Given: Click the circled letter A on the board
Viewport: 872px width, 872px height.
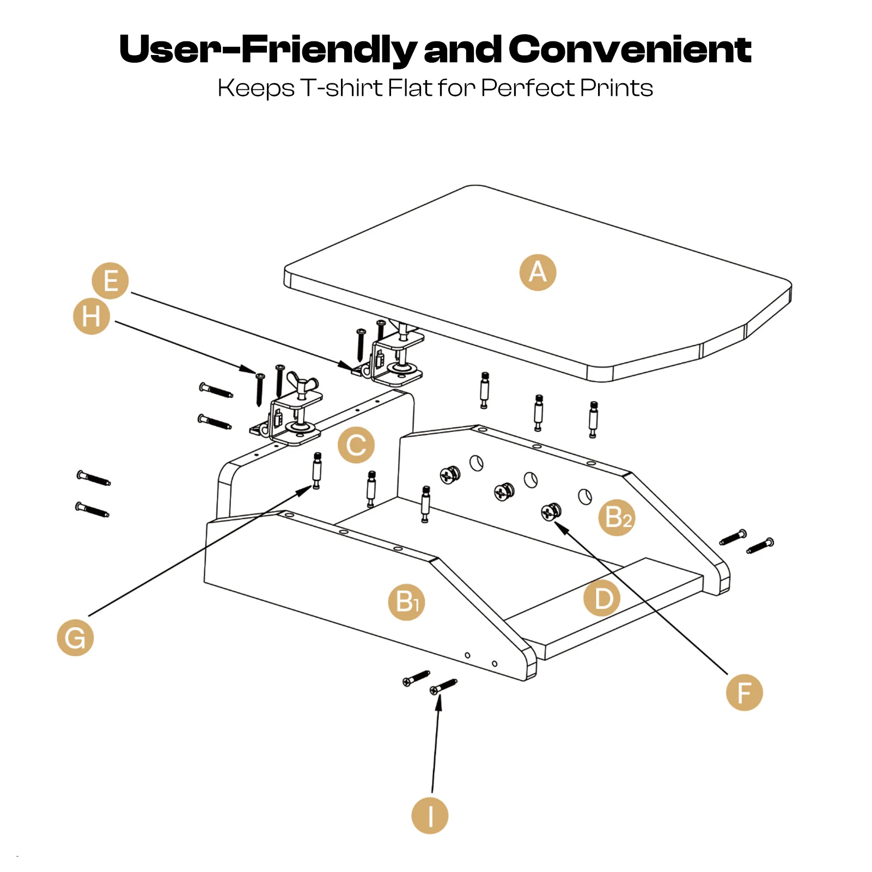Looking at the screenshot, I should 538,272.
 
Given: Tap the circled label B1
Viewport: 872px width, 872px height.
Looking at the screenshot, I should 406,602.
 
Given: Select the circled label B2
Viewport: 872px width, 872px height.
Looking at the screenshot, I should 617,517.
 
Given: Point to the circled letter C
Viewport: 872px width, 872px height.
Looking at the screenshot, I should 356,445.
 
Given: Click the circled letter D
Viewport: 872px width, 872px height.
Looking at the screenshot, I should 602,598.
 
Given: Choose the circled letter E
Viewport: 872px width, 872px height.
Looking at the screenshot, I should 110,281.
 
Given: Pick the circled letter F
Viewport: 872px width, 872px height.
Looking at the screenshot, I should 744,692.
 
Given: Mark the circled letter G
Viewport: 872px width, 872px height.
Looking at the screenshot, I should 75,637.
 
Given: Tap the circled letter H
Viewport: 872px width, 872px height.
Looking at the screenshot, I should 92,316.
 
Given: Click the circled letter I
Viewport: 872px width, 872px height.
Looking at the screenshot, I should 430,815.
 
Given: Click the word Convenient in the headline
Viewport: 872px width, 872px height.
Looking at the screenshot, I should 630,49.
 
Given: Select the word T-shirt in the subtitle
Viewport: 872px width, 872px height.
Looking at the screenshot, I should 342,88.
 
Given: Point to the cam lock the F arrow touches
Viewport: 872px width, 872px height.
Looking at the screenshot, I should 551,512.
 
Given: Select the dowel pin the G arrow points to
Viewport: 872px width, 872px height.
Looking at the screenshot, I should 317,471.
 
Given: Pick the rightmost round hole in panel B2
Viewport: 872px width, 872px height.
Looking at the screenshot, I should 584,496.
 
